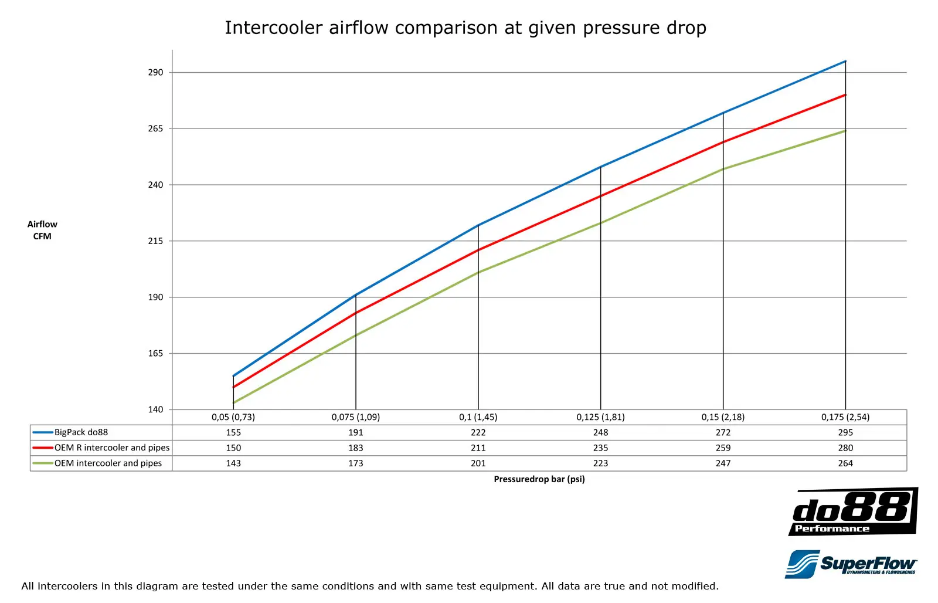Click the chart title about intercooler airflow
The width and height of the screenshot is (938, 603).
click(x=465, y=28)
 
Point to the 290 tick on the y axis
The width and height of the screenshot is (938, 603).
click(x=155, y=72)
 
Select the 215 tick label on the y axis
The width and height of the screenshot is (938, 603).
click(x=155, y=241)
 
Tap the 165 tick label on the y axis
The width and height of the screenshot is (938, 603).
click(x=155, y=353)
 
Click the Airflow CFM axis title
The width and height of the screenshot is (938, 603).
click(x=42, y=230)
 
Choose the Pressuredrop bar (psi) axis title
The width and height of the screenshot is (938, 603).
click(x=539, y=479)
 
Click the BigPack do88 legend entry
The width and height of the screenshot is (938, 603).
click(x=81, y=432)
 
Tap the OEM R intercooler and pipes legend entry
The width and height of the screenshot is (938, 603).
click(x=111, y=448)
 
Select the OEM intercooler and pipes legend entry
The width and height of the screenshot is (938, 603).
click(x=108, y=463)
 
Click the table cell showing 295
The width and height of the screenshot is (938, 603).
click(x=845, y=432)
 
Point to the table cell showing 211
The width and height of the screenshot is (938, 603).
click(x=478, y=448)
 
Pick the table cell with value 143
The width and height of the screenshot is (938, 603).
click(x=233, y=463)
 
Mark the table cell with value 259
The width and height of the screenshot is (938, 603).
click(x=723, y=448)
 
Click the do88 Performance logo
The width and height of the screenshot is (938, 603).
click(x=853, y=511)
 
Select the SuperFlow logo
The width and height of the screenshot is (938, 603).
click(x=851, y=564)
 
